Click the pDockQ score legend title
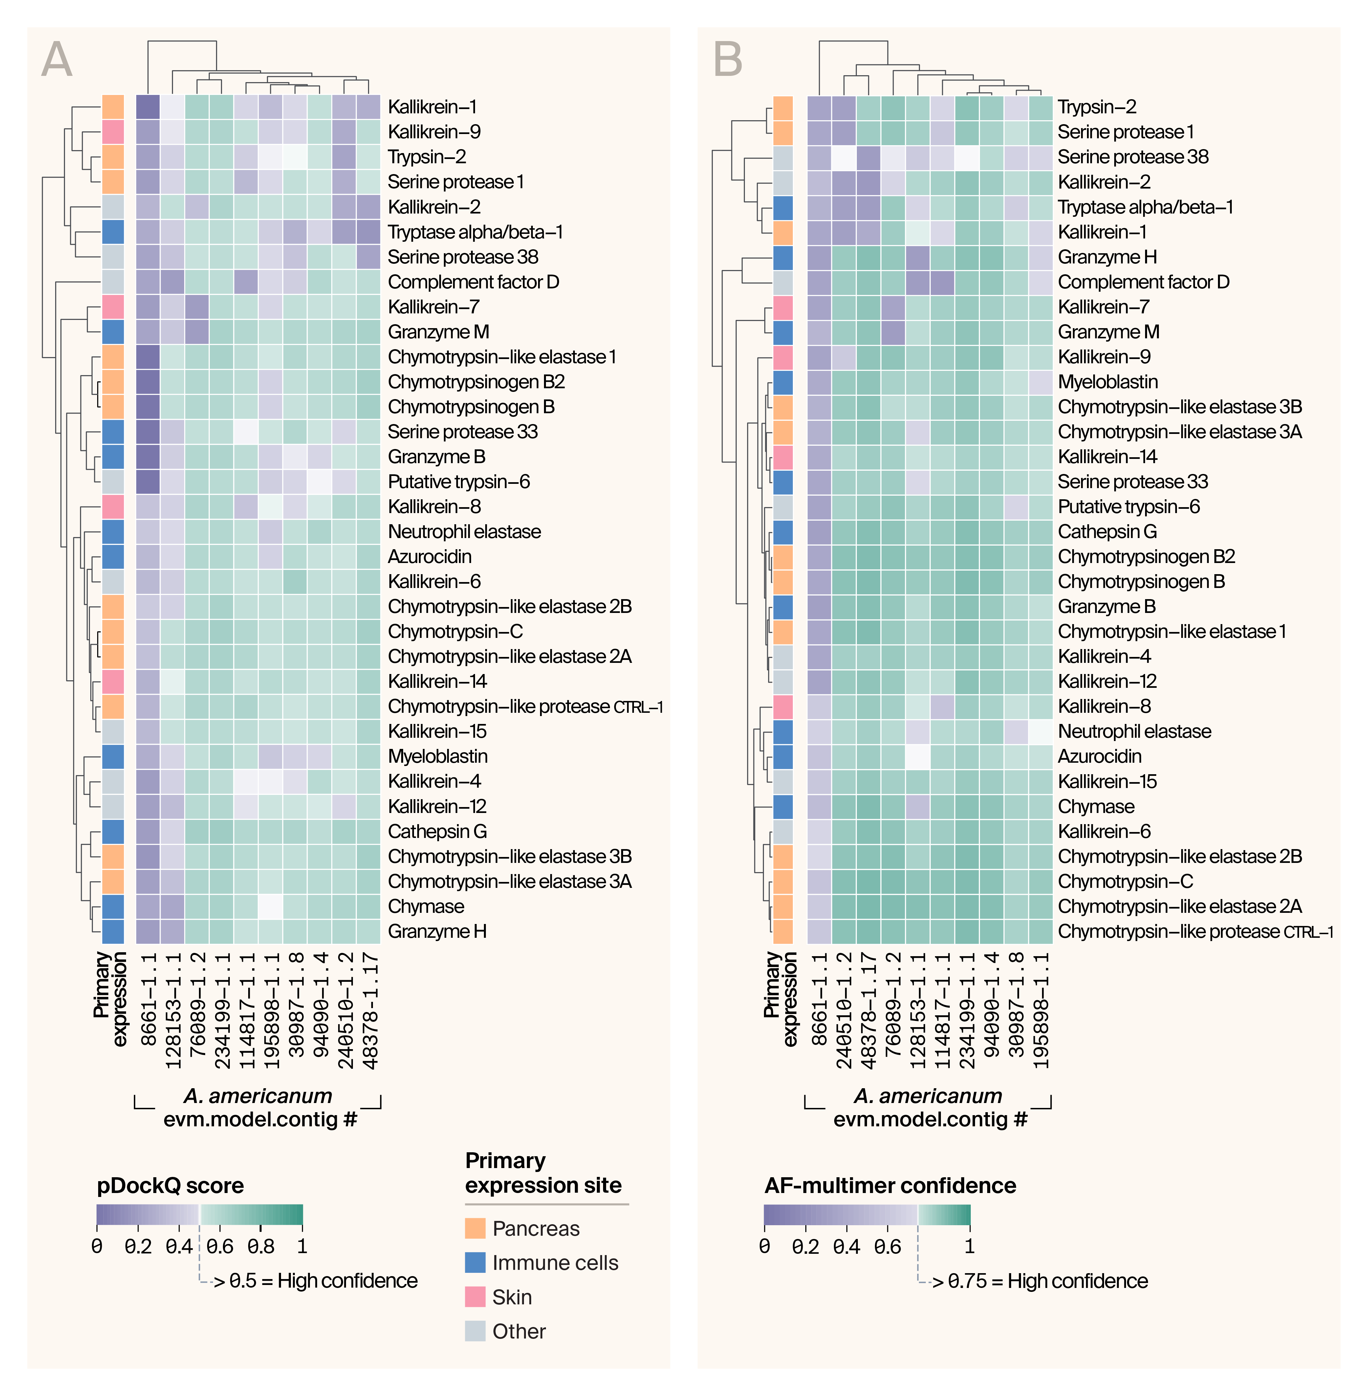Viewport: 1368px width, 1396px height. click(170, 1185)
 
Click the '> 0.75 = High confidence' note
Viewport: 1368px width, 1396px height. click(1040, 1281)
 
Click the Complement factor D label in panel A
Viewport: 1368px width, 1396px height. click(473, 282)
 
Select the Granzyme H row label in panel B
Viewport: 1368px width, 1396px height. click(1107, 257)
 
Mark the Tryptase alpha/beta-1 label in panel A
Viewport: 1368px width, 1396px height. click(475, 232)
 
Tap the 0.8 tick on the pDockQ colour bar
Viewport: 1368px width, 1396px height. click(261, 1246)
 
